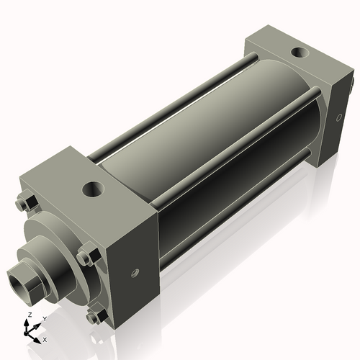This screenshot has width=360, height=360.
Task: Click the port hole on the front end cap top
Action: pyautogui.click(x=94, y=189)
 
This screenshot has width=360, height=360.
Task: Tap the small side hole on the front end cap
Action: pyautogui.click(x=133, y=273)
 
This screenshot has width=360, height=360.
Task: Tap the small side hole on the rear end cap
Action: pyautogui.click(x=338, y=117)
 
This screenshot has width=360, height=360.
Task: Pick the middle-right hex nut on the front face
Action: pyautogui.click(x=86, y=256)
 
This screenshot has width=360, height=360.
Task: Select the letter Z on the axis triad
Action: pyautogui.click(x=28, y=315)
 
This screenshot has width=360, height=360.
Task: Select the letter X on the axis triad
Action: pyautogui.click(x=45, y=338)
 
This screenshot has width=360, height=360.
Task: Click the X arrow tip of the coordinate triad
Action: pyautogui.click(x=39, y=336)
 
